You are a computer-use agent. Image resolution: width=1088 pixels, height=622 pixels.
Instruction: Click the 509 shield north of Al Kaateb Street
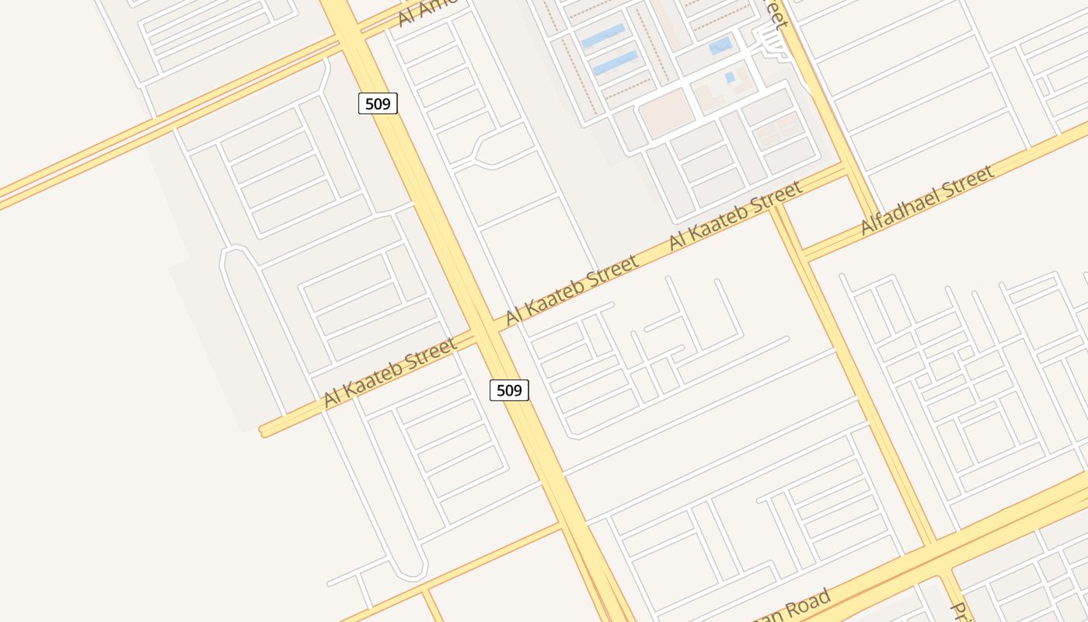[378, 103]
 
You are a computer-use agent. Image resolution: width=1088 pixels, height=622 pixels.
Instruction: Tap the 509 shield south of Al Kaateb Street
[509, 390]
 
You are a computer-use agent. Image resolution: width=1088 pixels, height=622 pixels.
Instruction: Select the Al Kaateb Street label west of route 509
[390, 372]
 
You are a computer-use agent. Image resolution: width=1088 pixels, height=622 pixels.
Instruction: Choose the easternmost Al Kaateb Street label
[735, 215]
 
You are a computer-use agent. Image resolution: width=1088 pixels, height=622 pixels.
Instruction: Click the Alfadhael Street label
[927, 200]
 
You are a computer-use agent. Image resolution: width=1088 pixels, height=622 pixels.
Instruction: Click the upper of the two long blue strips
[603, 36]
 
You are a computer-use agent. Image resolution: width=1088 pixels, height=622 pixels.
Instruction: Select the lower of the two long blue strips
[615, 62]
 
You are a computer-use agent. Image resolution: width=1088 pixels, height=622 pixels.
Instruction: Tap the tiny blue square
[730, 77]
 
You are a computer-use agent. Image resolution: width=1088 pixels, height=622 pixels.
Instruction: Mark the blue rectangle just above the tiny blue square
[720, 46]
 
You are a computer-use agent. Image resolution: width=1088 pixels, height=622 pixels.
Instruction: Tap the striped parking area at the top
[772, 42]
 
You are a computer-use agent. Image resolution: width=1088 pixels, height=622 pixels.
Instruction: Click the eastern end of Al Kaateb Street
[846, 169]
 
